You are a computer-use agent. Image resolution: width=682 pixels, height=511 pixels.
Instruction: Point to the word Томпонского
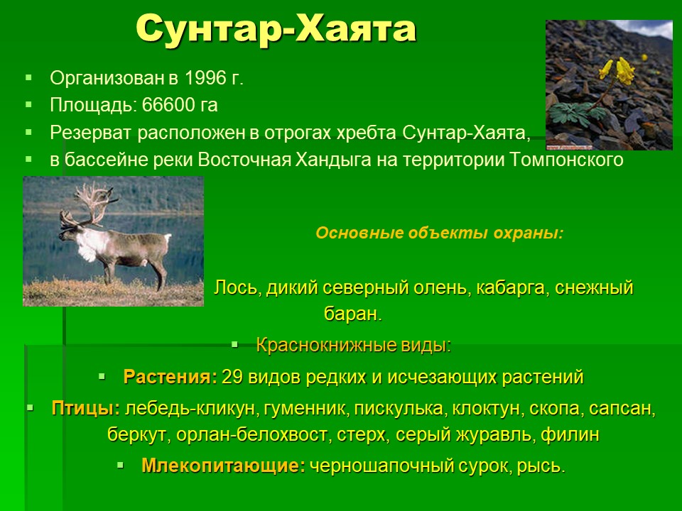(566, 160)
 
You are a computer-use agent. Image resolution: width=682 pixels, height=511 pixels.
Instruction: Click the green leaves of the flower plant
(575, 114)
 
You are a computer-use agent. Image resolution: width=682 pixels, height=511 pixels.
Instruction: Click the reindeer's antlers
(90, 205)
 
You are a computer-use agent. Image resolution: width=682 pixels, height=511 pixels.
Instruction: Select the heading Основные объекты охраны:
(439, 233)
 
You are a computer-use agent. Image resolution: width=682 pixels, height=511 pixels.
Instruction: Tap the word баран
(352, 314)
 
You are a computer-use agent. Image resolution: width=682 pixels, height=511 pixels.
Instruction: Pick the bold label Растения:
(170, 377)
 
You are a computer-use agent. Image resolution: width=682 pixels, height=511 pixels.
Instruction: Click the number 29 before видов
(232, 377)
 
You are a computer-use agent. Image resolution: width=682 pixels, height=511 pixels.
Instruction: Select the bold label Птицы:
(86, 409)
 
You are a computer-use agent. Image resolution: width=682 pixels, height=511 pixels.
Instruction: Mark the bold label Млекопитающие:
(224, 466)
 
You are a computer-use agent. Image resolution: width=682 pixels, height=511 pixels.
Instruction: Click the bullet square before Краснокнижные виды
(235, 345)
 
